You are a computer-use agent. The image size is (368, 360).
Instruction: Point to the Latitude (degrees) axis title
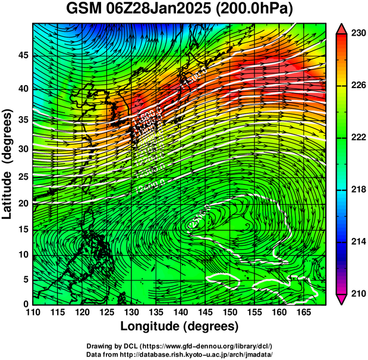pyautogui.click(x=8, y=163)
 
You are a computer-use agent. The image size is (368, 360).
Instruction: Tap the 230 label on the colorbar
pyautogui.click(x=358, y=33)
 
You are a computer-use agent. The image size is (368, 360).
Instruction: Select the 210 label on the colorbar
pyautogui.click(x=358, y=293)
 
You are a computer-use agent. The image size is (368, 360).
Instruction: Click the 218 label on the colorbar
pyautogui.click(x=358, y=190)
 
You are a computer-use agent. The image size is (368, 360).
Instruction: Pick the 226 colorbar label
pyautogui.click(x=358, y=86)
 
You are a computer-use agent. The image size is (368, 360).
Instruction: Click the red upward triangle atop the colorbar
pyautogui.click(x=342, y=29)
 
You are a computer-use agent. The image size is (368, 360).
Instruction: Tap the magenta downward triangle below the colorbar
pyautogui.click(x=342, y=299)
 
